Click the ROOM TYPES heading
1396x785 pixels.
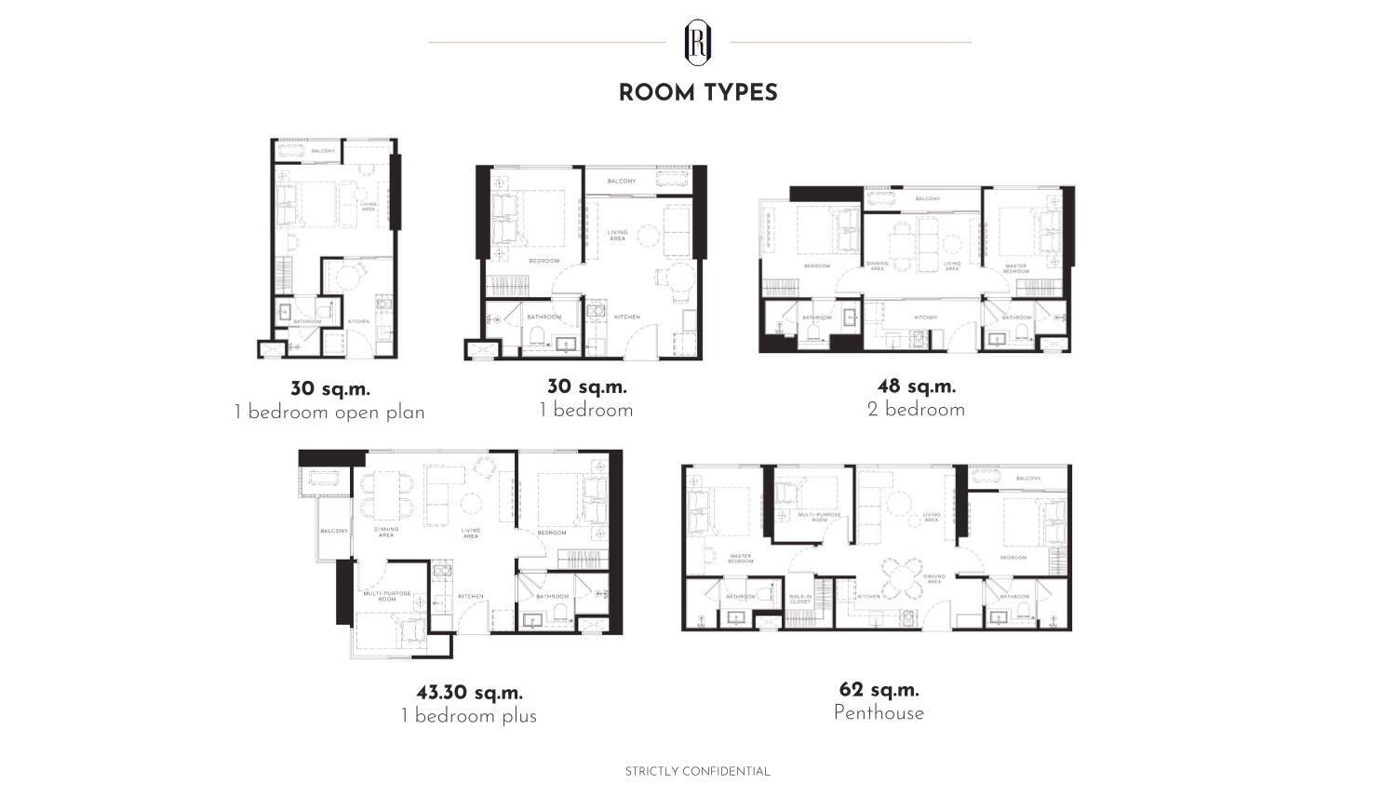coord(698,92)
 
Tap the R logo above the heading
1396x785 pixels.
coord(698,41)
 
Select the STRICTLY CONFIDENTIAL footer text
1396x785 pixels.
coord(697,771)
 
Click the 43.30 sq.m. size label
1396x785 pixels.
coord(469,693)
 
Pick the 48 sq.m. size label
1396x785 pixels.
coord(916,386)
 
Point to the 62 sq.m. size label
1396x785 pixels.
coord(879,690)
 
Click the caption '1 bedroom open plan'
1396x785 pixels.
coord(329,413)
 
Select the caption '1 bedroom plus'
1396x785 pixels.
coord(469,716)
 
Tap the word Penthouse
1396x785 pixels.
coord(879,713)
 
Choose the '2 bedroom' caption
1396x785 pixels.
coord(916,410)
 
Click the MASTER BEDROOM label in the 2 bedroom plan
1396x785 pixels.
coord(1016,268)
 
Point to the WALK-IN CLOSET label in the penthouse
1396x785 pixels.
coord(800,600)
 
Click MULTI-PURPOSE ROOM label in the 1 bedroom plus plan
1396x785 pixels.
coord(387,596)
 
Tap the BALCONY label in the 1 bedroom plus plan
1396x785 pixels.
coord(333,531)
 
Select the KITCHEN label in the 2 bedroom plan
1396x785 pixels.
coord(925,318)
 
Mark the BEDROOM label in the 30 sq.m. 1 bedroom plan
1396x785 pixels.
coord(544,261)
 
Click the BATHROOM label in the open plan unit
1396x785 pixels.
coord(307,322)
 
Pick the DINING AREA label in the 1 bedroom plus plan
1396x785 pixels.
coord(386,532)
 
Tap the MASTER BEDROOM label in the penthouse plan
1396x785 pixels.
coord(741,559)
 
